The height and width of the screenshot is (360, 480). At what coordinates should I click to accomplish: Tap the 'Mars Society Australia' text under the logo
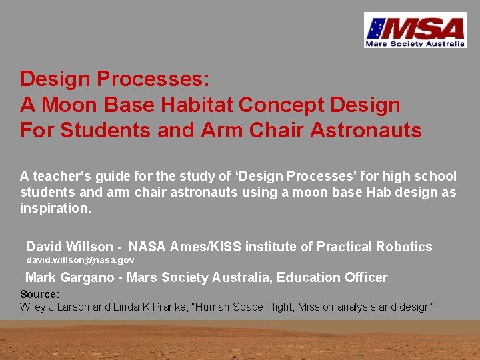[414, 44]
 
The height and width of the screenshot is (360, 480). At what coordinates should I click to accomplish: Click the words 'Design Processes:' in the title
[115, 79]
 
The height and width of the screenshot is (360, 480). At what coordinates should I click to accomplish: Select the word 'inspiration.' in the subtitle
[55, 207]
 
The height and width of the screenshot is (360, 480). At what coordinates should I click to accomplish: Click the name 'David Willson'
[69, 247]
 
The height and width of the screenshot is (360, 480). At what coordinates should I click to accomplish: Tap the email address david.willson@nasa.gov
[80, 260]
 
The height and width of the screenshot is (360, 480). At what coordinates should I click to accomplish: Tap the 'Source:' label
[40, 294]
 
